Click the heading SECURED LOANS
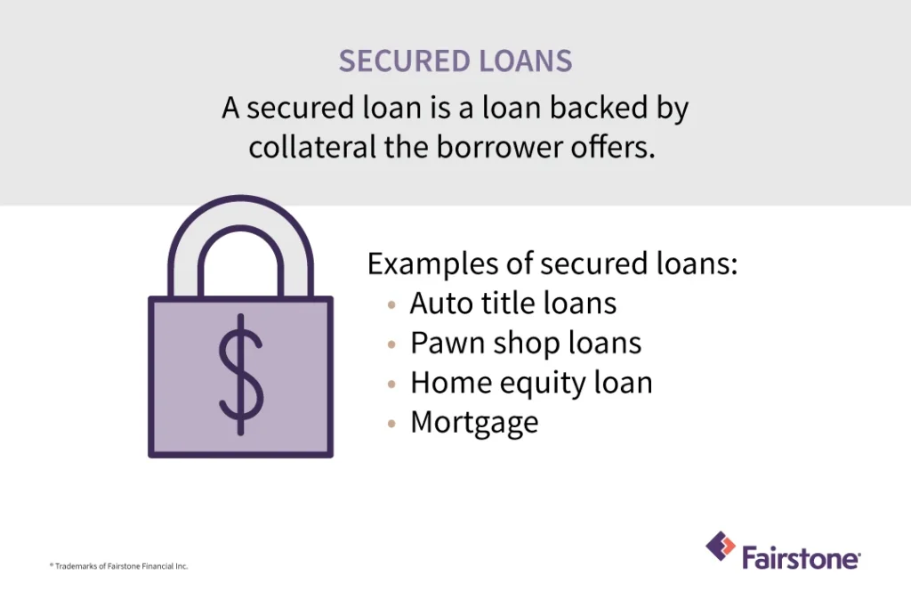455,61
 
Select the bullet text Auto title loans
512,304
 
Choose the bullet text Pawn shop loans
525,343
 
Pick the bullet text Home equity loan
531,383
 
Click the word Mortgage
474,423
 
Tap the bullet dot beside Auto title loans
392,304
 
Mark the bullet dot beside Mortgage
392,424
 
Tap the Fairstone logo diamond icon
721,546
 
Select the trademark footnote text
118,566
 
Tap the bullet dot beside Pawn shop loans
392,344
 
